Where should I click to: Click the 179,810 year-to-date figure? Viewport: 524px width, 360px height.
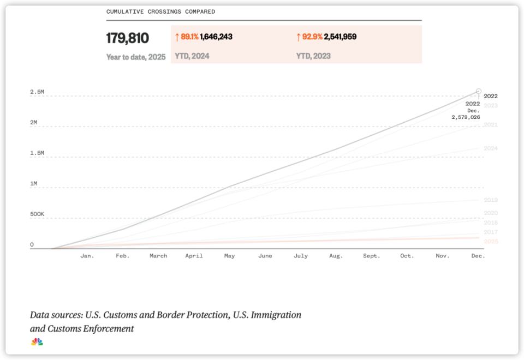(127, 38)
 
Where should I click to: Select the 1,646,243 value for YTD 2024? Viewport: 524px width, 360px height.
(216, 37)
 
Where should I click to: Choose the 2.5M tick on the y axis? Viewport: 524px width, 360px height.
(37, 92)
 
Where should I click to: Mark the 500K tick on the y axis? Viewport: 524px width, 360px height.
(37, 214)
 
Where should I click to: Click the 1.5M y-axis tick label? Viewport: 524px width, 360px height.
(37, 153)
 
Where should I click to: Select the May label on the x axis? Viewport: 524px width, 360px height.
(229, 256)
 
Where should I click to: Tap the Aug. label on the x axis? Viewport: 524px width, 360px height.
(336, 256)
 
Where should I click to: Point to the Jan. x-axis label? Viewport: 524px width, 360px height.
(87, 256)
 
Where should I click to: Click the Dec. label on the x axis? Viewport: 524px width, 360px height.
(478, 256)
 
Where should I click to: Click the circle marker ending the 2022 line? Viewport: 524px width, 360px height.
(479, 92)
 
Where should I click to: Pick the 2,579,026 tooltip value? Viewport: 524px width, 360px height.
(466, 117)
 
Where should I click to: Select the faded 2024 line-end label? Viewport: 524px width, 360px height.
(490, 148)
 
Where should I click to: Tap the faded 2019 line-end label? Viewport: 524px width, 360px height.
(490, 200)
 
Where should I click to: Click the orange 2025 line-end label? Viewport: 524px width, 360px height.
(490, 241)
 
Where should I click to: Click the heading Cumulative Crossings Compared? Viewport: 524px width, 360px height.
(160, 11)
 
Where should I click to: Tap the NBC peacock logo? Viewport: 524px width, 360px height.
(37, 342)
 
